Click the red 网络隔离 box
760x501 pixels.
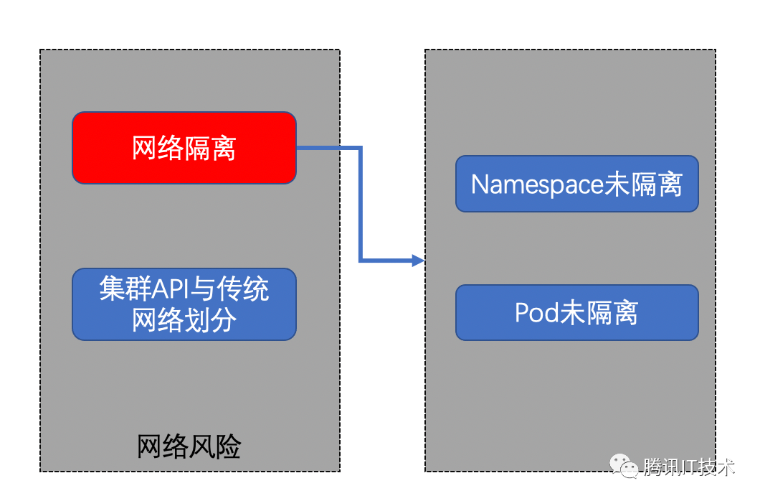pyautogui.click(x=184, y=148)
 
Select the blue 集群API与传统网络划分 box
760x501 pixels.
pyautogui.click(x=184, y=304)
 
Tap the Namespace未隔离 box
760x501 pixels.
pyautogui.click(x=576, y=184)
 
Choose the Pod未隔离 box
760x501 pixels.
pyautogui.click(x=576, y=312)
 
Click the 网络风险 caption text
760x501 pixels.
pyautogui.click(x=189, y=446)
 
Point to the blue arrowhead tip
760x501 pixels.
pyautogui.click(x=424, y=261)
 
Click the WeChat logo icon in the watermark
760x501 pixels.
pyautogui.click(x=624, y=466)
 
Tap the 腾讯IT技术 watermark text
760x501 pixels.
pyautogui.click(x=689, y=467)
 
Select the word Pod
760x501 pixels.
pyautogui.click(x=536, y=313)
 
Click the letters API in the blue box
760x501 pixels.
pyautogui.click(x=170, y=289)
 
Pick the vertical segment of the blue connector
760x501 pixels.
pyautogui.click(x=361, y=204)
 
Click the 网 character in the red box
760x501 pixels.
pyautogui.click(x=145, y=148)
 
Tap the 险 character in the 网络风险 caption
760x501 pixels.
pyautogui.click(x=228, y=446)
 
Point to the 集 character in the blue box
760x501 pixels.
pyautogui.click(x=113, y=289)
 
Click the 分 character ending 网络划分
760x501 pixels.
pyautogui.click(x=224, y=319)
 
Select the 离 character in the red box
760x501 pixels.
pyautogui.click(x=224, y=148)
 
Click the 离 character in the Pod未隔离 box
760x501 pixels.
pyautogui.click(x=626, y=313)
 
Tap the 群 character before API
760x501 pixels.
pyautogui.click(x=139, y=289)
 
